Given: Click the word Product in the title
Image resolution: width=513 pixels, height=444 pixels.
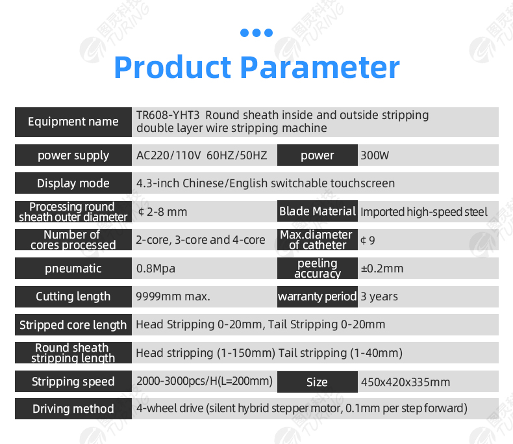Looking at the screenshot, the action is [x=173, y=67].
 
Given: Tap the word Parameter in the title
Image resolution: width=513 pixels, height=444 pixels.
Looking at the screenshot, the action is [x=320, y=67].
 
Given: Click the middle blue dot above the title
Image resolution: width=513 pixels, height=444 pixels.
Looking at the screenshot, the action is [x=256, y=33].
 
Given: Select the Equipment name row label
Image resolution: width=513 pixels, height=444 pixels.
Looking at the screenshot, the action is [x=73, y=122].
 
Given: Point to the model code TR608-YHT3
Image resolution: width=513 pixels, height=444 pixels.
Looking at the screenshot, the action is [x=168, y=115].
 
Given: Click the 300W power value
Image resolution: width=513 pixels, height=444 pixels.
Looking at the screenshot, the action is [x=375, y=155].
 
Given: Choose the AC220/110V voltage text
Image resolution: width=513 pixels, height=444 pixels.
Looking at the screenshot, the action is [x=168, y=155].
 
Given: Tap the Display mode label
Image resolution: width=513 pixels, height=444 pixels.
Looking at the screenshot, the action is [x=73, y=183].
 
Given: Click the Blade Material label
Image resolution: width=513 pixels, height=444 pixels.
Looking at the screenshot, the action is [x=318, y=211].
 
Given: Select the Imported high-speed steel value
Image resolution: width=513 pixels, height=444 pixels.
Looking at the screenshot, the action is [x=424, y=212].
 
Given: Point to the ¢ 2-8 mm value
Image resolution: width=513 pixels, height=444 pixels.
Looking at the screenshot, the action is [x=162, y=212].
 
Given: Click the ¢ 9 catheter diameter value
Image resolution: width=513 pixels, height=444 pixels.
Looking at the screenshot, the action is [x=368, y=241].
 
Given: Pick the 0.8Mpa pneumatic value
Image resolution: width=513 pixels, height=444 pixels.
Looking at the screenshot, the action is [x=156, y=268].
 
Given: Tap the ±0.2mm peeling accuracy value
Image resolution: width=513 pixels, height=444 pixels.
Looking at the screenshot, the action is [x=382, y=268].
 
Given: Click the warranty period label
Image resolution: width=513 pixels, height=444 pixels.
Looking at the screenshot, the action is [x=318, y=296].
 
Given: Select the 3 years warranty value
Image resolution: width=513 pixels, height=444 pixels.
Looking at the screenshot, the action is [x=379, y=296].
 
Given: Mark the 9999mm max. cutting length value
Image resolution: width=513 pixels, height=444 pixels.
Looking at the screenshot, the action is [x=173, y=296].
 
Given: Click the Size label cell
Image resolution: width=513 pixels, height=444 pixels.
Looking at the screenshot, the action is [x=317, y=382].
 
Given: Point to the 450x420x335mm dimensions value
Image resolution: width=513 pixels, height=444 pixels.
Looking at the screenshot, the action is [x=405, y=382].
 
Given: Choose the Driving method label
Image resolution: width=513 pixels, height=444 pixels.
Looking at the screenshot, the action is [x=73, y=409].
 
